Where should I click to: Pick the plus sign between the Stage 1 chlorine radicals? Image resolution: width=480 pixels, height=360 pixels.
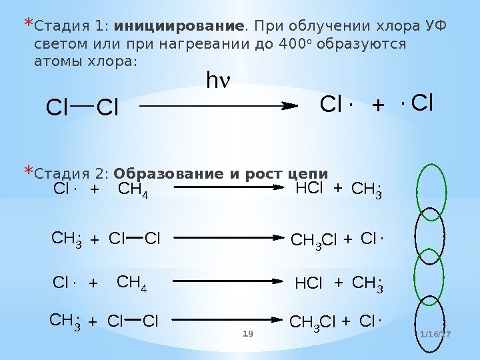click(x=378, y=105)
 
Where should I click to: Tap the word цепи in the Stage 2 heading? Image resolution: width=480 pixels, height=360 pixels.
click(x=308, y=175)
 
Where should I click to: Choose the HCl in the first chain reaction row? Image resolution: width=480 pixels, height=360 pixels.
click(x=309, y=190)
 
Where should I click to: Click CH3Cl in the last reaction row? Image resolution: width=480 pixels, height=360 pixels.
click(x=313, y=323)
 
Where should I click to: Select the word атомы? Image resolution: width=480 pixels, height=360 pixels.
click(x=52, y=61)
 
